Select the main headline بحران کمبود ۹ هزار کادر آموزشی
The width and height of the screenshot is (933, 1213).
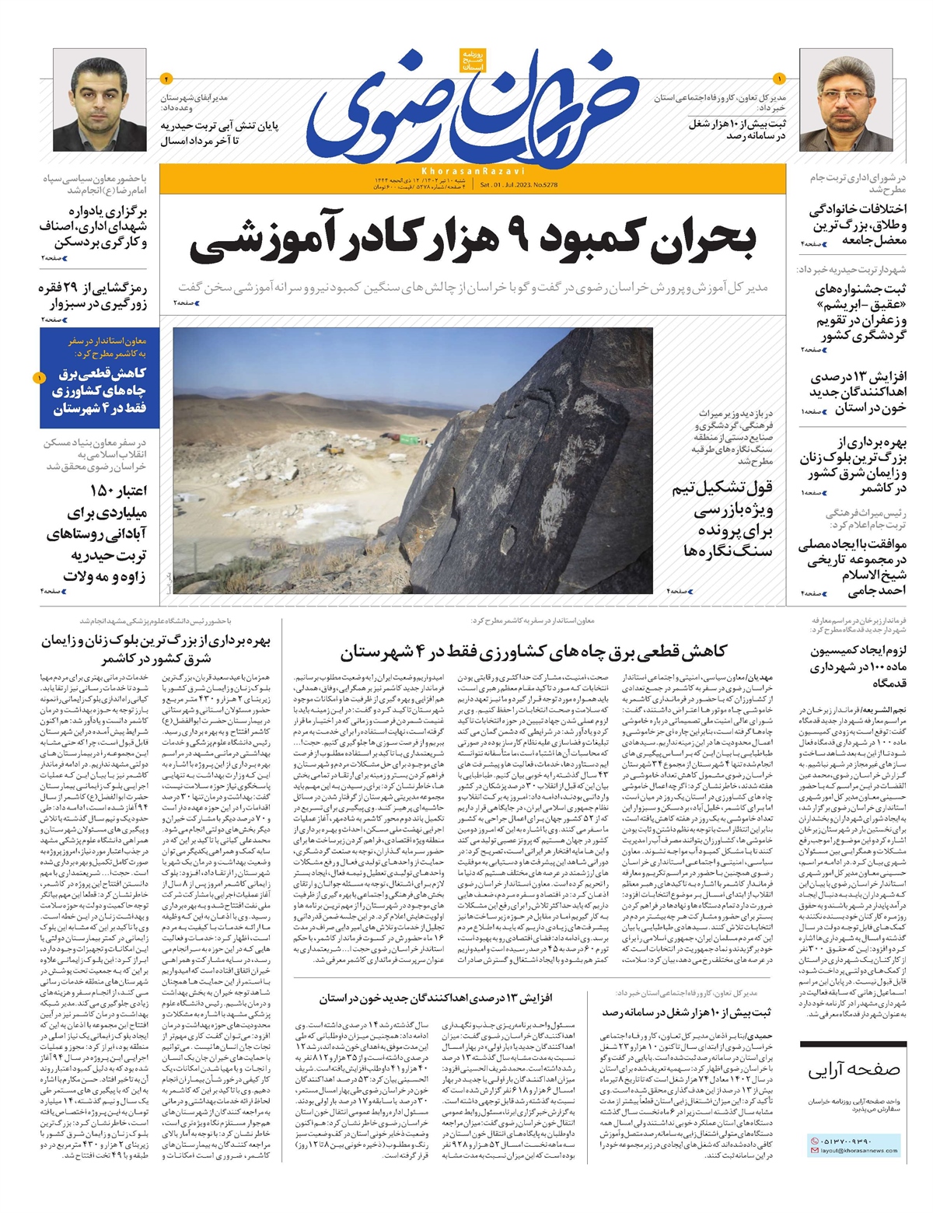click(x=473, y=241)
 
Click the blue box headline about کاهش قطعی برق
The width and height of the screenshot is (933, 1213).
click(x=100, y=391)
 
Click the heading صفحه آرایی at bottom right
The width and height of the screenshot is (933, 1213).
click(x=854, y=1071)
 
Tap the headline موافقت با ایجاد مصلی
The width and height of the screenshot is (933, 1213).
click(x=852, y=567)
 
